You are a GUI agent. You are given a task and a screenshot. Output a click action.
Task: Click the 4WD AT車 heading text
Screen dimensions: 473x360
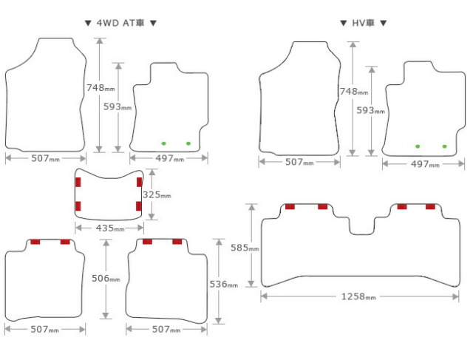coord(120,23)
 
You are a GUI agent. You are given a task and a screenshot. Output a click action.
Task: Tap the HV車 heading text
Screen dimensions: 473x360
coord(363,23)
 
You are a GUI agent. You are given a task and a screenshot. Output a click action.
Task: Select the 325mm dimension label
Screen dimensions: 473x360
coord(157,195)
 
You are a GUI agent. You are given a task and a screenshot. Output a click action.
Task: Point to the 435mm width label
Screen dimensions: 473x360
coord(110,228)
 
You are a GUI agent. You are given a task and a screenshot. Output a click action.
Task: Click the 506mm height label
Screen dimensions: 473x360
coord(106,278)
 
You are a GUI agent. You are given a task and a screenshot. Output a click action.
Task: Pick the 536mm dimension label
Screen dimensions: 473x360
coord(223,284)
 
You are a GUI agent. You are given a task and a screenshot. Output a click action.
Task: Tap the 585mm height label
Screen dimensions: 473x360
coord(245,248)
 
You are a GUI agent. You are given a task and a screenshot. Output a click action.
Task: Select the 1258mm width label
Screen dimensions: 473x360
coord(358,296)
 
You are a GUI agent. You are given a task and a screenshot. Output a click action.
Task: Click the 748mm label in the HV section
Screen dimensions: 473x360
coord(354,91)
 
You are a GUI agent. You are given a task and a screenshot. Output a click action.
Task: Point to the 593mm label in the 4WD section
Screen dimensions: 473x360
coord(118,107)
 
